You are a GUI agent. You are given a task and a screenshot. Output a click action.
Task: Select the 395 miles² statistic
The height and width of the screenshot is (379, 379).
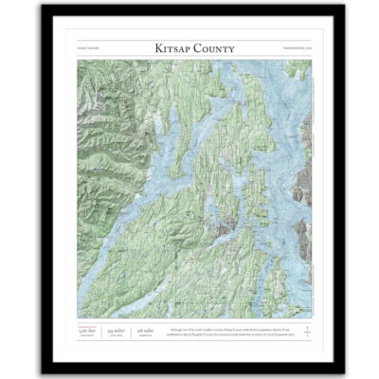(x=117, y=331)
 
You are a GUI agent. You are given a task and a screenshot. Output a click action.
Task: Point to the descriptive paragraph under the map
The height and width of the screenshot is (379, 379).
(x=228, y=331)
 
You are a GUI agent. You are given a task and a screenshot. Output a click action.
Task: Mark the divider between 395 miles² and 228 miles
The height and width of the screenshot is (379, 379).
(x=135, y=331)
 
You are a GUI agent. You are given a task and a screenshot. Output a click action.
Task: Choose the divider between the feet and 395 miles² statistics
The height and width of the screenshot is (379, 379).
(x=100, y=331)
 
